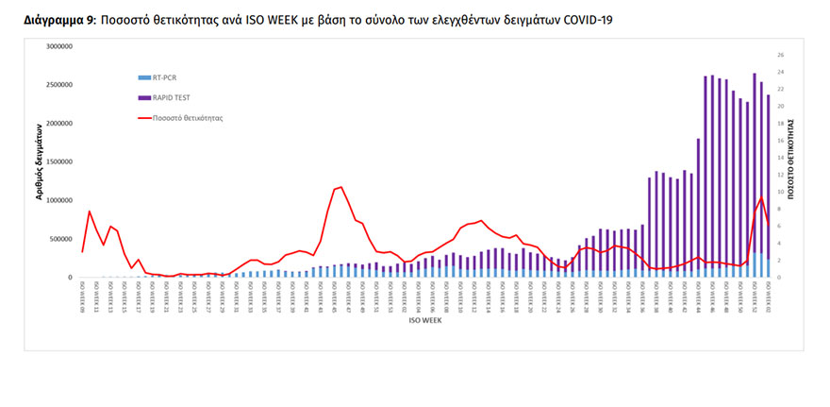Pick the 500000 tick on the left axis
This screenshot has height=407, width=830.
pos(64,239)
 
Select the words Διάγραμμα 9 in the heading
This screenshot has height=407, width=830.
pos(58,19)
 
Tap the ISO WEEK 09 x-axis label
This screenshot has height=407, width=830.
pos(83,294)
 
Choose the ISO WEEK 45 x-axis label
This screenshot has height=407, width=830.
pos(335,294)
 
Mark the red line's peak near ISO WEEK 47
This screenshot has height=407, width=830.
pos(340,186)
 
